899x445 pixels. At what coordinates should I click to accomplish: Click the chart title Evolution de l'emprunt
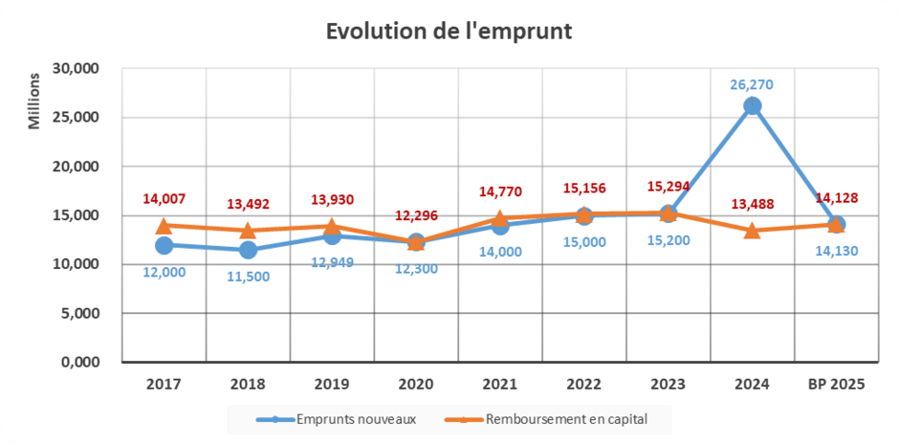coord(449,31)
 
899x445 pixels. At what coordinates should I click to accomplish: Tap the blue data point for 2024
coord(752,105)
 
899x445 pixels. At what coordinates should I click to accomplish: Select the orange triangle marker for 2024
coord(752,230)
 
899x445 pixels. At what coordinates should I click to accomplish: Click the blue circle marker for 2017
coord(164,245)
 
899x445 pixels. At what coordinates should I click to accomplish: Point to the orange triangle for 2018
coord(248,231)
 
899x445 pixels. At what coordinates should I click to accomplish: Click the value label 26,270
coord(752,84)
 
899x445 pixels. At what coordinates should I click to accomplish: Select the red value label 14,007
coord(164,199)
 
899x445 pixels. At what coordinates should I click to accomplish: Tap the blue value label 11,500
coord(248,277)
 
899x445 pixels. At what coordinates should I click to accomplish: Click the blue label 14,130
coord(836,252)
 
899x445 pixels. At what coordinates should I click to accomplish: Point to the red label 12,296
coord(416,215)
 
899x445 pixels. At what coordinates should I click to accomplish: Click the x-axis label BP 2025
coord(835,384)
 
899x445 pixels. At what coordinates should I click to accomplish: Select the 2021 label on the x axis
coord(499,384)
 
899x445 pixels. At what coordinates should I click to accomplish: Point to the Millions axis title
coord(34,100)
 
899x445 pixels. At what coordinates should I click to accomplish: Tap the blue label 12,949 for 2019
coord(332,262)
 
